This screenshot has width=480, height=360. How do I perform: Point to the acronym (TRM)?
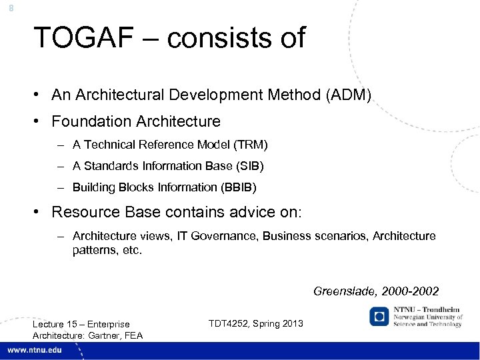[x=252, y=145]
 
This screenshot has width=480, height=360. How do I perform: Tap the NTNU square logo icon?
[x=379, y=316]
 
